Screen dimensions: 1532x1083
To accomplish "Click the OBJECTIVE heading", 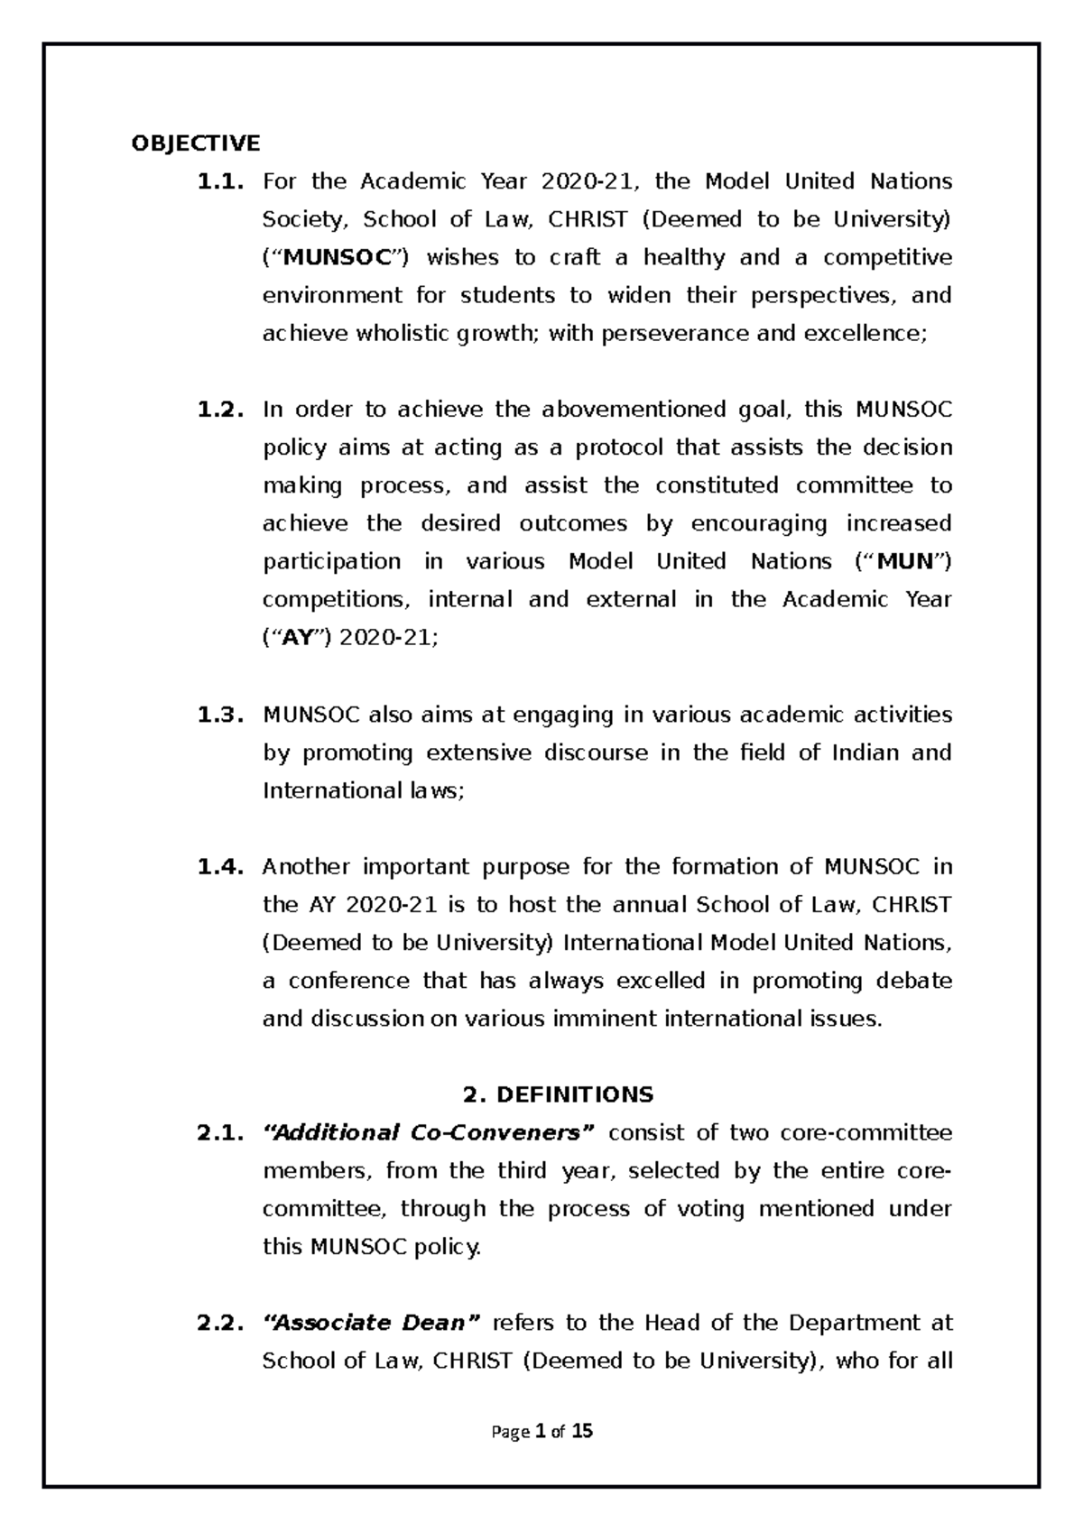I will coord(195,143).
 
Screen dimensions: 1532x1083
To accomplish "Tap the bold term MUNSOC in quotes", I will coord(341,258).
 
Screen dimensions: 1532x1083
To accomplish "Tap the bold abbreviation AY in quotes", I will coord(297,638).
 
